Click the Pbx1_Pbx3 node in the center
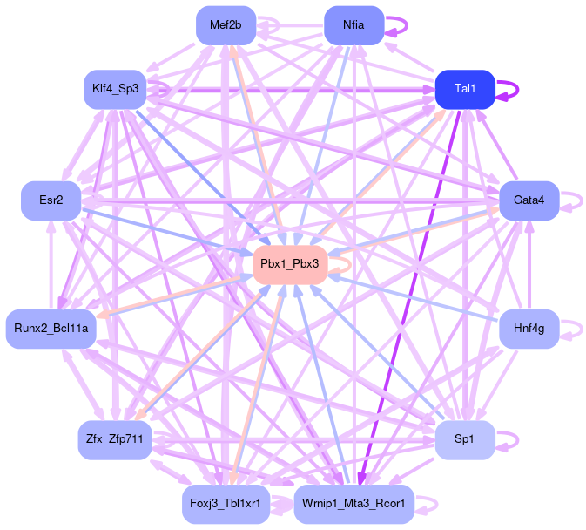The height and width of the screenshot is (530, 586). [x=290, y=263]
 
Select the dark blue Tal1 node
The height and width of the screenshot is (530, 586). [x=465, y=89]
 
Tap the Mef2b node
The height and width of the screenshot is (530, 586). [x=226, y=24]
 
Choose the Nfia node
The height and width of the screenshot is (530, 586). [x=354, y=24]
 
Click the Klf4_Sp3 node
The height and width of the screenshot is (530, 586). [x=115, y=89]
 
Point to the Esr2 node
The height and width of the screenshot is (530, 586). [x=51, y=200]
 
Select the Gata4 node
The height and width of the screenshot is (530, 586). [x=529, y=200]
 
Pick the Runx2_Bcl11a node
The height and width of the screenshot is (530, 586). [x=51, y=328]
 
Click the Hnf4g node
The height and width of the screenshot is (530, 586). [x=529, y=328]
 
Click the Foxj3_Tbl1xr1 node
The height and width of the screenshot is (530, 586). [x=226, y=504]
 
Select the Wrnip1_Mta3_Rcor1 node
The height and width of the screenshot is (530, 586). [x=354, y=504]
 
